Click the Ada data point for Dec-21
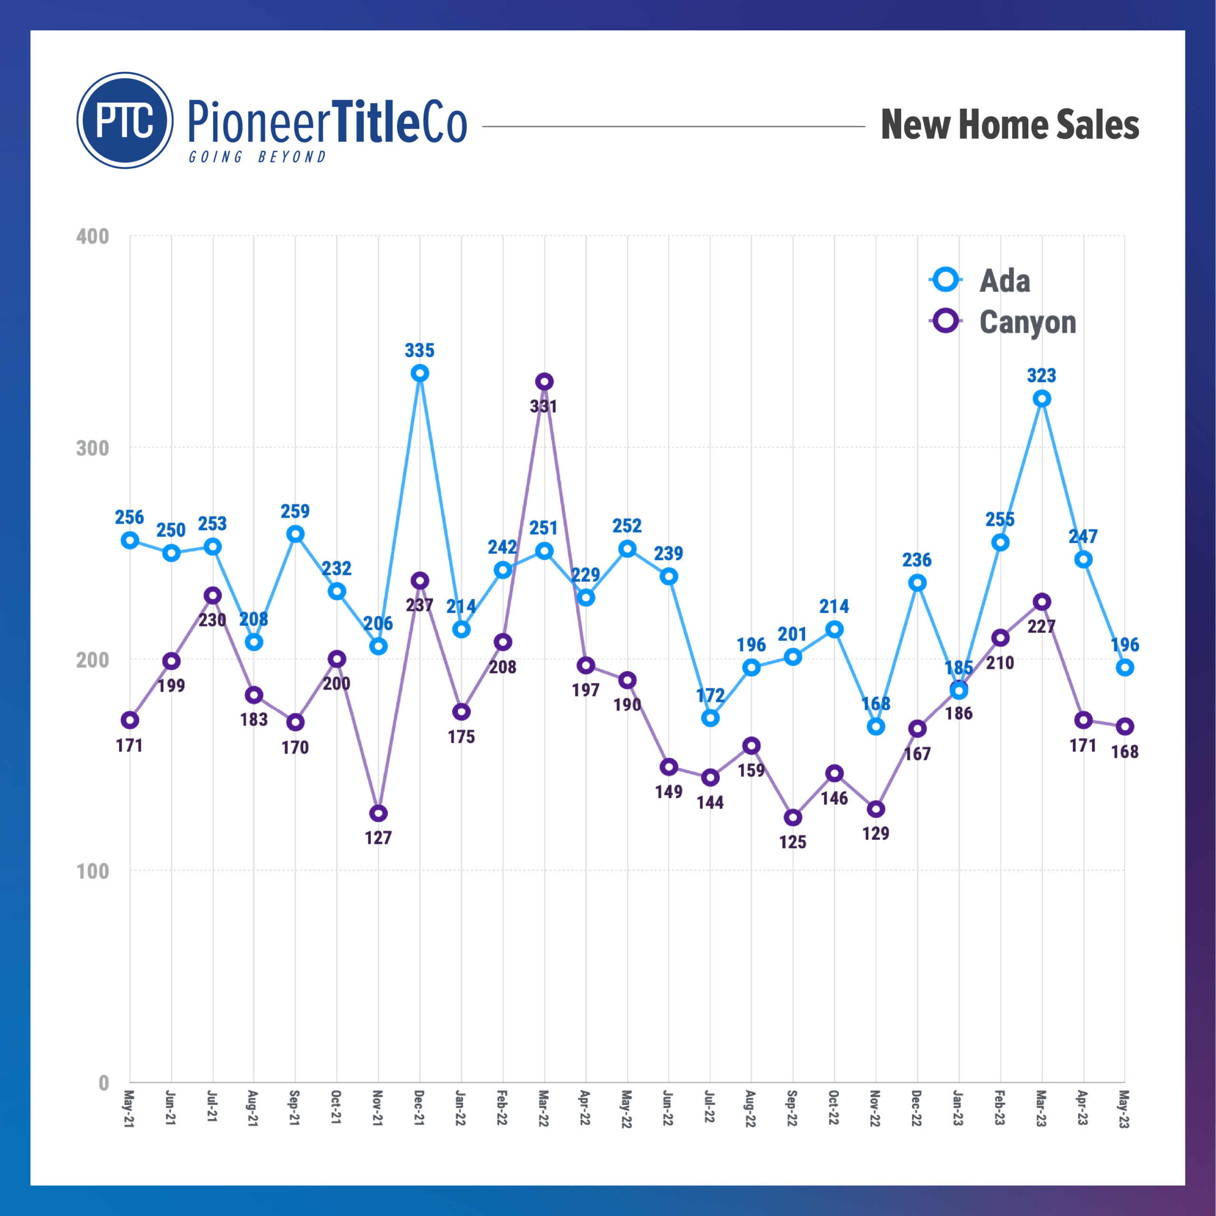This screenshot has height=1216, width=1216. click(420, 373)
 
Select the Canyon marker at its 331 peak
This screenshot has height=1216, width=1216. click(544, 381)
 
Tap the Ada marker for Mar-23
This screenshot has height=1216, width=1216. click(1042, 399)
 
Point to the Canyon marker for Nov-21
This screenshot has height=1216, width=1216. click(378, 813)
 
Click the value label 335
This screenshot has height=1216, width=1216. click(420, 351)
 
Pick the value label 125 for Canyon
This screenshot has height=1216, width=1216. click(792, 842)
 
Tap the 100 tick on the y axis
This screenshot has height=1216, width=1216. click(93, 872)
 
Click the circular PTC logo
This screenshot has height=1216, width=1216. click(125, 120)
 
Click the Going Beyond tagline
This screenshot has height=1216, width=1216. click(257, 157)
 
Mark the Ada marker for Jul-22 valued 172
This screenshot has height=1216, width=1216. click(710, 718)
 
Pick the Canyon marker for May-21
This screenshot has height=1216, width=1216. click(130, 720)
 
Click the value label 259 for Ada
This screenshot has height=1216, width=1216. click(295, 511)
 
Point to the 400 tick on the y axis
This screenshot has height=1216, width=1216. click(93, 237)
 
